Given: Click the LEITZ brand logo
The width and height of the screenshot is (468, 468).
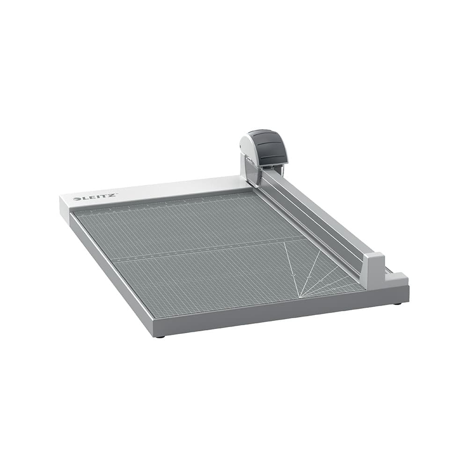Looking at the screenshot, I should click(x=95, y=197).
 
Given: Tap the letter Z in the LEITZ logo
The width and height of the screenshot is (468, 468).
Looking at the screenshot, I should click(x=112, y=195).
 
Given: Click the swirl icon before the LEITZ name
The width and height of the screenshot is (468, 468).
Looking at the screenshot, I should click(x=76, y=199).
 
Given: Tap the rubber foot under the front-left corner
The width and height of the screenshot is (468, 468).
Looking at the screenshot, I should click(x=160, y=336).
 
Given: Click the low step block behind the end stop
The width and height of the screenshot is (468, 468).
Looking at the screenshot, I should click(x=396, y=280).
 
